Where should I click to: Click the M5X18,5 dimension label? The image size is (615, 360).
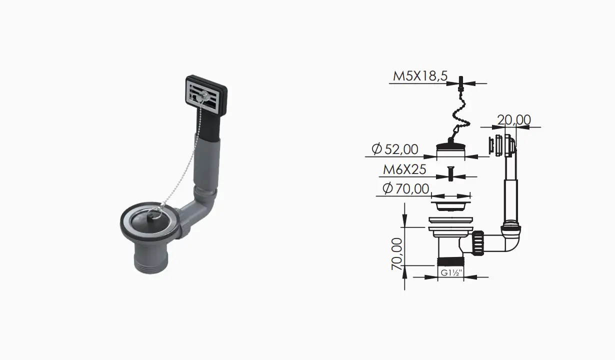(420, 76)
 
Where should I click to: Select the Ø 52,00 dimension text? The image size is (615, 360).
(395, 149)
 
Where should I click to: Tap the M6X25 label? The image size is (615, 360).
(404, 169)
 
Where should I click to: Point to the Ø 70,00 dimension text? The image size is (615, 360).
(406, 188)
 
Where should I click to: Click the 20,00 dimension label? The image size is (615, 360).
(514, 120)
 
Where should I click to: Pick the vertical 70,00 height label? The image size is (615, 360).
(397, 254)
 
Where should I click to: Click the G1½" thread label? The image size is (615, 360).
(451, 273)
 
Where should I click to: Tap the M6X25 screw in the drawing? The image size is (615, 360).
(450, 173)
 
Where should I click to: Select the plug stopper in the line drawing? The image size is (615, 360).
(450, 147)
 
